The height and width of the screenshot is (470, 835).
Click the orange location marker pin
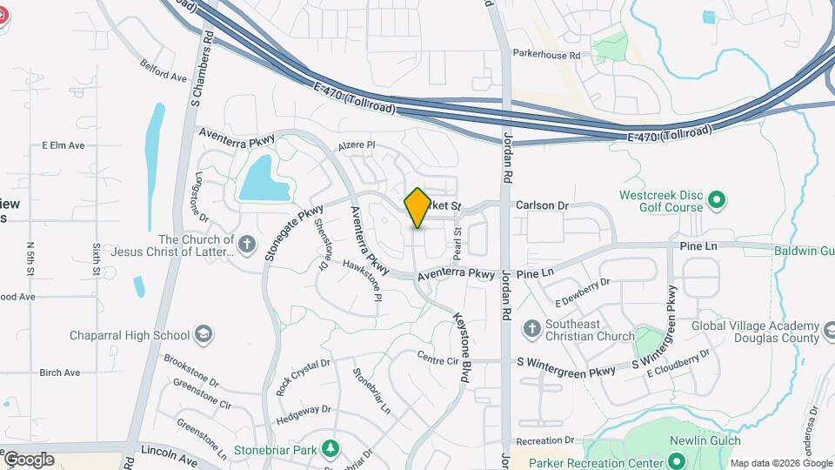point(417,207)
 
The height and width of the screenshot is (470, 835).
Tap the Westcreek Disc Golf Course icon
point(717,201)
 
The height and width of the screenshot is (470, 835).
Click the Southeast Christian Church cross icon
point(532,328)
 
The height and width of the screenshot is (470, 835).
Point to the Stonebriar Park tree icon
point(330,448)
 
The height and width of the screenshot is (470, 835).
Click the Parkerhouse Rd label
point(546,55)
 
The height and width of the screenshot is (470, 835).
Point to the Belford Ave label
point(164,70)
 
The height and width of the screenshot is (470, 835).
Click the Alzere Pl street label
point(357,145)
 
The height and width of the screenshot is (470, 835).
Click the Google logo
point(29,460)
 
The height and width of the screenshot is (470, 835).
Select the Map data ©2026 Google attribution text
point(779,463)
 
